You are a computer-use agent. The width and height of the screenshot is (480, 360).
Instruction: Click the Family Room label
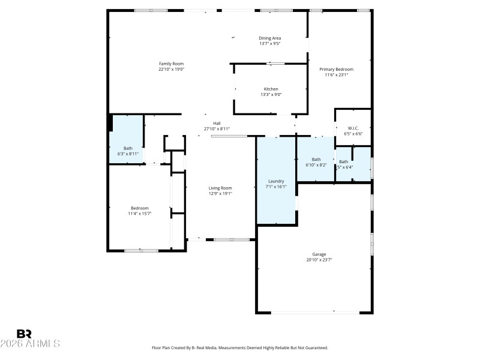[x=171, y=64]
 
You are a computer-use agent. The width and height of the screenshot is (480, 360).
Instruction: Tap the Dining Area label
[x=270, y=38]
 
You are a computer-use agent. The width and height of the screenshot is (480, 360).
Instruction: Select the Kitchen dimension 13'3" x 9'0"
[x=271, y=94]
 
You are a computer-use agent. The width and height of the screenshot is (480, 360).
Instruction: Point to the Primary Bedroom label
[x=339, y=69]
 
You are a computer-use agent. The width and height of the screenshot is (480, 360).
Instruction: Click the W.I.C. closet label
[x=353, y=128]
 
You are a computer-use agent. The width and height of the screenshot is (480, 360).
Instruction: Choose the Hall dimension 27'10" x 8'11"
[x=217, y=129]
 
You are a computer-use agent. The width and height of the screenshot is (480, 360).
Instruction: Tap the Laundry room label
[x=276, y=181]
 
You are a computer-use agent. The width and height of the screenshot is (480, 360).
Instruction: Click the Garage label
[x=319, y=254]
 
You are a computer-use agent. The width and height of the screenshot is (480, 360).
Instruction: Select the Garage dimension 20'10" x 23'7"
[x=319, y=260]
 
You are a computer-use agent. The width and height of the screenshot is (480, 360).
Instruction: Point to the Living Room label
[x=220, y=188]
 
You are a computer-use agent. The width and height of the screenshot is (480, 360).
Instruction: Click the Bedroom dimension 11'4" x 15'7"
[x=139, y=214]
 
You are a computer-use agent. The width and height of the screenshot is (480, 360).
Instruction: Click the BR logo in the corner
[x=24, y=334]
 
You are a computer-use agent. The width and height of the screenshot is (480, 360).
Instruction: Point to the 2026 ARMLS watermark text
[x=30, y=344]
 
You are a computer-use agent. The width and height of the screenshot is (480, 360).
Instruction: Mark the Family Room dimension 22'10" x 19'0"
[x=171, y=69]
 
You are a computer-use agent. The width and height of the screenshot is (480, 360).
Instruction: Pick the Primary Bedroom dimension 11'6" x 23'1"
[x=339, y=75]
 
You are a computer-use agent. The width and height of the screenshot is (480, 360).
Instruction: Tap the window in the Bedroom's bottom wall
[x=142, y=250]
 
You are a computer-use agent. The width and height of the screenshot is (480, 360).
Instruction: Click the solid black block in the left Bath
[x=110, y=122]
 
